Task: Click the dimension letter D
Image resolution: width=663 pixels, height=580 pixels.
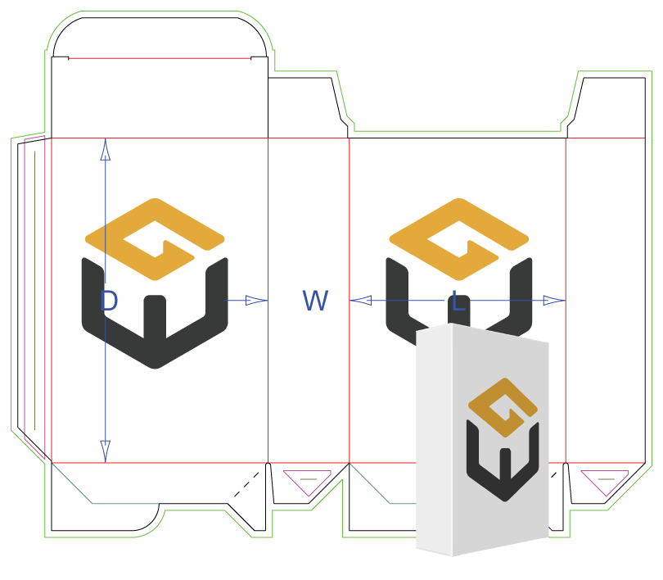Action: click(108, 301)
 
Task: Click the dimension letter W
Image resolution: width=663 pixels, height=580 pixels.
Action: click(315, 301)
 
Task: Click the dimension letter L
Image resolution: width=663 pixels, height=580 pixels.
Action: click(458, 301)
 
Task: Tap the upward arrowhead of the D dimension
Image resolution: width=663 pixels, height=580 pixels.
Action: click(105, 148)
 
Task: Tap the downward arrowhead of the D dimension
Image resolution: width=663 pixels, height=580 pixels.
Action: click(105, 451)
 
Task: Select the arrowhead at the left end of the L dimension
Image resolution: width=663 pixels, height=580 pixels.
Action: click(360, 301)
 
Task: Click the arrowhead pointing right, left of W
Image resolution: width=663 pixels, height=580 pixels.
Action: click(257, 301)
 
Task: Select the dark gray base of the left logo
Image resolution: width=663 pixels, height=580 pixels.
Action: click(155, 328)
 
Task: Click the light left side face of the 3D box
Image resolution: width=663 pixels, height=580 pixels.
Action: click(434, 442)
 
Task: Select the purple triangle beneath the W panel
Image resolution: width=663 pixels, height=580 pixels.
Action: click(306, 479)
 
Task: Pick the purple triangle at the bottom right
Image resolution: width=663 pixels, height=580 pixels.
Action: click(605, 480)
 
